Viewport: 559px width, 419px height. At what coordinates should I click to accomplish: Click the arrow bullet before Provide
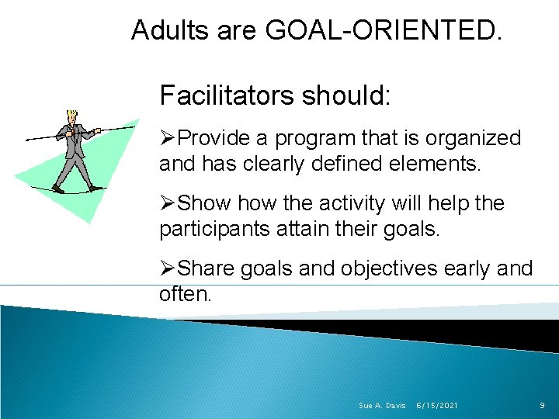(168, 139)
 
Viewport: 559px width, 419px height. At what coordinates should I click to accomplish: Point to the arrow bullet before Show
(168, 204)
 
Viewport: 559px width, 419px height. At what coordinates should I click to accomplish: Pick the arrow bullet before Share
(168, 269)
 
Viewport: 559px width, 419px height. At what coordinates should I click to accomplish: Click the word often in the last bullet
(182, 295)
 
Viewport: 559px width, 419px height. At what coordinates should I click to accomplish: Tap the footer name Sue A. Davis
(382, 406)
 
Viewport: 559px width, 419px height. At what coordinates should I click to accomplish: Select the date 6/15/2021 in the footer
(437, 406)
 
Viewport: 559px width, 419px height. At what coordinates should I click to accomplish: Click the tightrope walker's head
(73, 117)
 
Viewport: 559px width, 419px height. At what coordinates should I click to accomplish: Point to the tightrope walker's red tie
(74, 130)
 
